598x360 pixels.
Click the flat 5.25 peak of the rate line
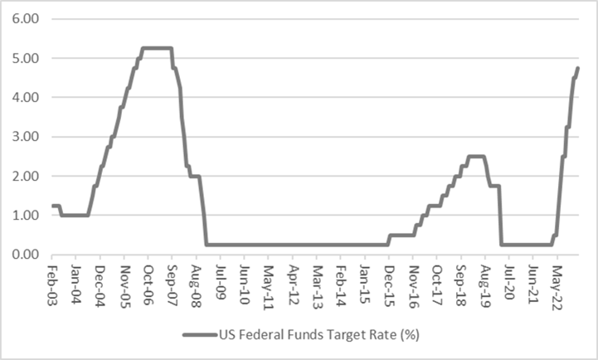tap(157, 48)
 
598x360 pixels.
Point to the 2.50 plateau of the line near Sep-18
tap(475, 156)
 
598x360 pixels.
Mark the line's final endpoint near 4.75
tap(577, 68)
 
